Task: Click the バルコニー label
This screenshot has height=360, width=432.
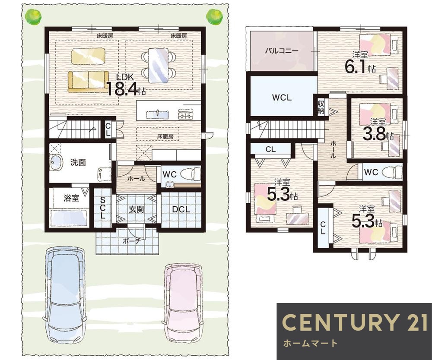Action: pos(282,51)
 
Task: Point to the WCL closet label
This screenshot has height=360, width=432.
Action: pos(282,98)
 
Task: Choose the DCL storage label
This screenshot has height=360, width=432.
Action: pos(181,209)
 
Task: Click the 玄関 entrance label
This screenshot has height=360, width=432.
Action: pos(137,209)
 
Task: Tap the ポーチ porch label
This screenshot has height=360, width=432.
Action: pos(132,241)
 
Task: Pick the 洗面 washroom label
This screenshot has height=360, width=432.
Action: pos(78,162)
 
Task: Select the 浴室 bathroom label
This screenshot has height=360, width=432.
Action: pos(71,198)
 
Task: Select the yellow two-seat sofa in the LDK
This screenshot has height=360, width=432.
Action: pos(88,82)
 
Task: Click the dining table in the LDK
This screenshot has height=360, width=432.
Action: pos(158,65)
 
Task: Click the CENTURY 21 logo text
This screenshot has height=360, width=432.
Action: pos(355,322)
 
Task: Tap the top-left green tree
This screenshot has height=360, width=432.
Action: pos(33,17)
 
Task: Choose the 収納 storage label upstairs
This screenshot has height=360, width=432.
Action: pos(321,107)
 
